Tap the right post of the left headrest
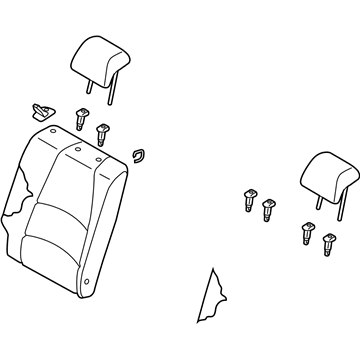pyautogui.click(x=112, y=88)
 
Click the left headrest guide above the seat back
pyautogui.click(x=79, y=117)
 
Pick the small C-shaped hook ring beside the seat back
pyautogui.click(x=139, y=154)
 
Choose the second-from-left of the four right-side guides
pyautogui.click(x=268, y=210)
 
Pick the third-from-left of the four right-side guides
pyautogui.click(x=308, y=235)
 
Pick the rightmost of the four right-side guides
pyautogui.click(x=328, y=241)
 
